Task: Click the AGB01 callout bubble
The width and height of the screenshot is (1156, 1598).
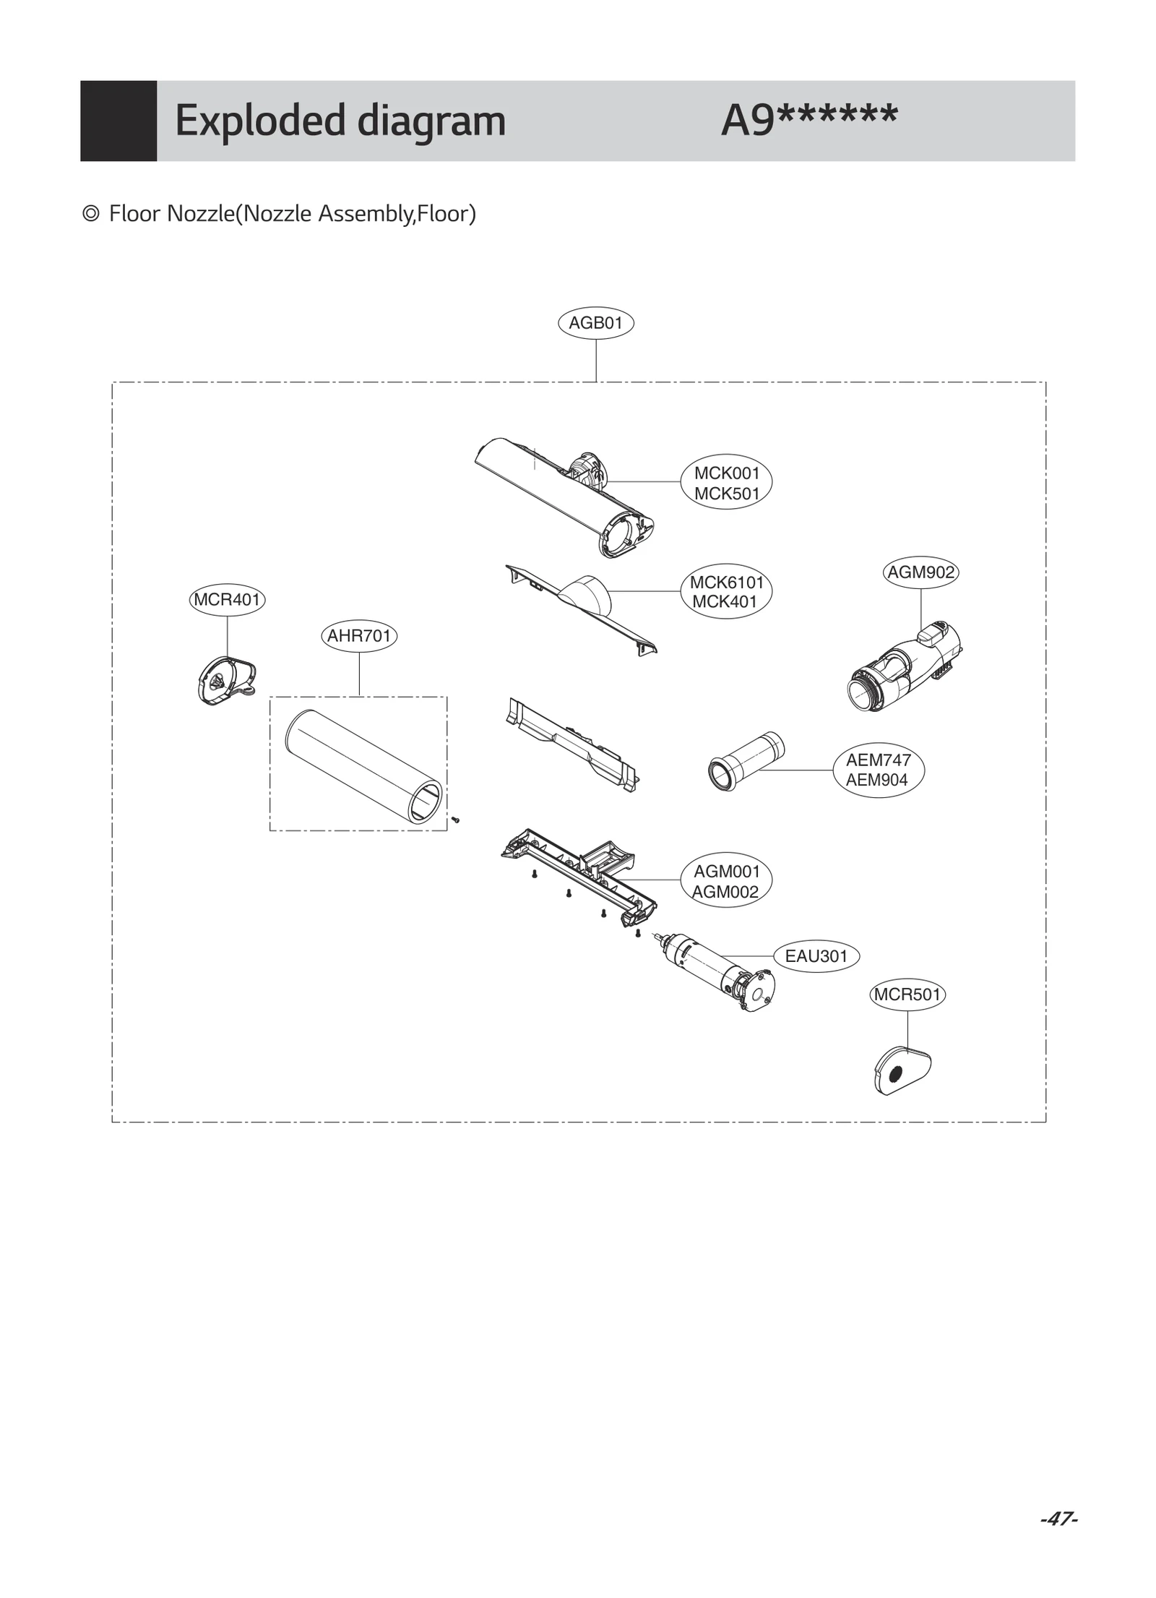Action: coord(595,323)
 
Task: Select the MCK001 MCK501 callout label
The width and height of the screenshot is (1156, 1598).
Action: coord(726,484)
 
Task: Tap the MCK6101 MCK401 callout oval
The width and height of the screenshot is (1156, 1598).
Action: coord(726,592)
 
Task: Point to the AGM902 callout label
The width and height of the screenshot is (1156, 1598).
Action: coord(920,572)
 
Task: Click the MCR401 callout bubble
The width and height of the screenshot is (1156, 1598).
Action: coord(227,600)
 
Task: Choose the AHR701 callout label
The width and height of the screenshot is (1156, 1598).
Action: coord(358,636)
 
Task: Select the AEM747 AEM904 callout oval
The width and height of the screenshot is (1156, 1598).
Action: coord(878,770)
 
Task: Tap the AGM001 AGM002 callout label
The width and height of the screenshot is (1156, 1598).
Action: coord(726,882)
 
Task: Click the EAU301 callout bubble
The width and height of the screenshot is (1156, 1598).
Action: coord(816,956)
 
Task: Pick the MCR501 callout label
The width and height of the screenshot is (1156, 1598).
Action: coord(907,995)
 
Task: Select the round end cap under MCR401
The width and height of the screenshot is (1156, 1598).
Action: coord(225,680)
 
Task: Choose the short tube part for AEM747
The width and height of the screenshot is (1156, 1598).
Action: coord(745,761)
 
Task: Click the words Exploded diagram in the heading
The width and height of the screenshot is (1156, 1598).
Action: coord(340,121)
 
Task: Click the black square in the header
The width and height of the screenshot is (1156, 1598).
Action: coord(118,121)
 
